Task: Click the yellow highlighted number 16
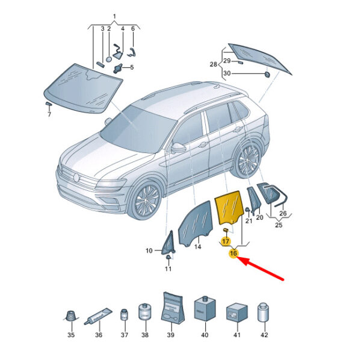(x=233, y=253)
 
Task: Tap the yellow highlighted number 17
(x=226, y=241)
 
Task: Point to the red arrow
(x=261, y=268)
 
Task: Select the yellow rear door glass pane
(x=229, y=206)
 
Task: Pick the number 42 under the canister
(x=264, y=335)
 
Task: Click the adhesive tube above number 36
(x=98, y=316)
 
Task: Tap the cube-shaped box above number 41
(x=237, y=312)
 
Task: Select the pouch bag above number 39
(x=173, y=308)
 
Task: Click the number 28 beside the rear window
(x=214, y=64)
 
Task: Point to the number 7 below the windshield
(x=49, y=114)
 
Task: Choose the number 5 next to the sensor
(x=132, y=67)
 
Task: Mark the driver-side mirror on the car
(x=179, y=147)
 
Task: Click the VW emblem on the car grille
(x=76, y=178)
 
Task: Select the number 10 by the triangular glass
(x=149, y=250)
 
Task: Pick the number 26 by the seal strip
(x=283, y=213)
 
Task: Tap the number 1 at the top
(x=115, y=17)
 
